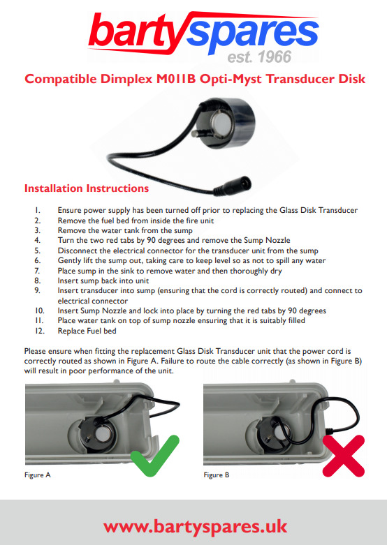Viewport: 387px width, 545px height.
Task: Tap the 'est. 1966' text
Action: coord(259,57)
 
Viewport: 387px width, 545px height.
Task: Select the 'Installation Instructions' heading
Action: coord(87,188)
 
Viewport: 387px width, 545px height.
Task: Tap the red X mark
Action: coord(344,456)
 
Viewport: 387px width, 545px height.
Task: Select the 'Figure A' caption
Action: coord(38,475)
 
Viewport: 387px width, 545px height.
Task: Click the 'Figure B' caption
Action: coord(217,475)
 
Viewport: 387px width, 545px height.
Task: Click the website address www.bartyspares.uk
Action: coord(195,527)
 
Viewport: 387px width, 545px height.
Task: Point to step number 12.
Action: coord(40,331)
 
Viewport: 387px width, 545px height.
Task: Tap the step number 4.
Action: coord(38,240)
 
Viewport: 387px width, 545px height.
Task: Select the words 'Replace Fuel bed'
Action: coord(87,331)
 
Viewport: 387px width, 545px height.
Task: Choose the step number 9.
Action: coord(38,290)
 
